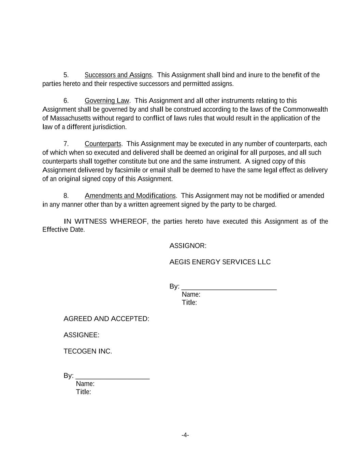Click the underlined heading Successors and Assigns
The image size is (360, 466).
[x=118, y=75]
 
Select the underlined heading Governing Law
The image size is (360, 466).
[x=107, y=101]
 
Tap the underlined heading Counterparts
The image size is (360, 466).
[x=103, y=144]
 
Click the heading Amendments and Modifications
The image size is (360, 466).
[x=130, y=196]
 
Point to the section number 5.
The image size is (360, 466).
[x=66, y=75]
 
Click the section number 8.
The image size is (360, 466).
[x=66, y=196]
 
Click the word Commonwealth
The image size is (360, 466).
[x=305, y=109]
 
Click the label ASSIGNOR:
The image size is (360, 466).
[x=188, y=246]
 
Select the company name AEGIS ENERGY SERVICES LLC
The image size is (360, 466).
[x=220, y=262]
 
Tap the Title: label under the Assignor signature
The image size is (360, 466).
[x=189, y=302]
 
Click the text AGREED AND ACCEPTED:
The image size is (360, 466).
[x=106, y=319]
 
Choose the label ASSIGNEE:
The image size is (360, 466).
[x=81, y=335]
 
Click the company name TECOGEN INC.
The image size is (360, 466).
[x=88, y=351]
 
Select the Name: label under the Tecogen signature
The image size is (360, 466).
[x=85, y=384]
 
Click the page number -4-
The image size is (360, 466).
[x=185, y=435]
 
